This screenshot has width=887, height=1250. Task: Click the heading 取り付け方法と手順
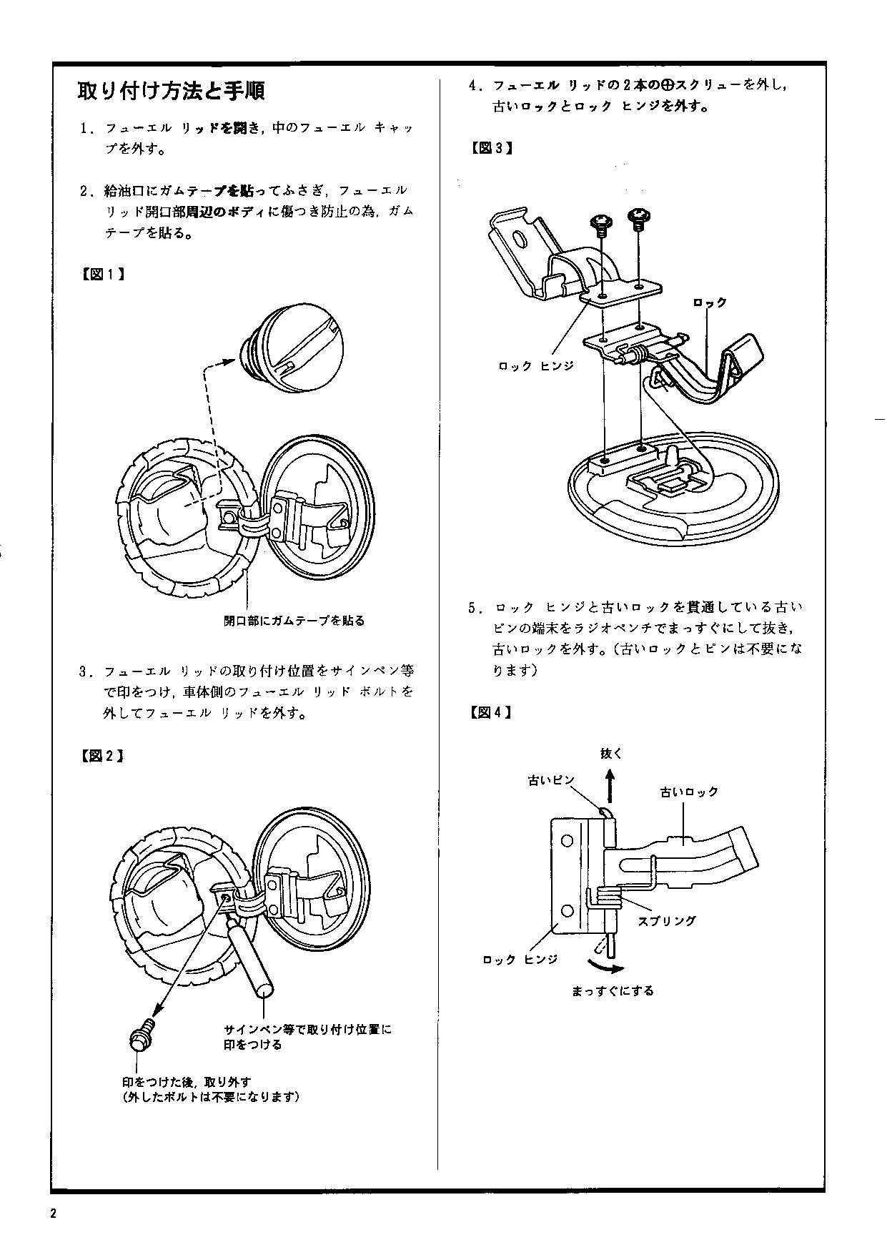point(171,92)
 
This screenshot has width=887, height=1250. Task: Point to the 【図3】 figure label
point(491,149)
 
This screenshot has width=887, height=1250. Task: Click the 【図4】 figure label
point(491,712)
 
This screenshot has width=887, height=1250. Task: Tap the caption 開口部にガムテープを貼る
point(294,621)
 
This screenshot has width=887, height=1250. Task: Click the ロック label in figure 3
point(710,302)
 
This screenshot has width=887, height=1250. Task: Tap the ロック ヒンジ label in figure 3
point(536,366)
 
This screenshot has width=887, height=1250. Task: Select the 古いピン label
point(551,780)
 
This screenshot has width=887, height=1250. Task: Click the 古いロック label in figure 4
point(689,792)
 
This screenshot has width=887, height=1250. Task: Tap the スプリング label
point(666,921)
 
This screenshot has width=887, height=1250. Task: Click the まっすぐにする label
point(613,991)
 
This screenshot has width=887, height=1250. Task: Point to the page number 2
point(54,1214)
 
